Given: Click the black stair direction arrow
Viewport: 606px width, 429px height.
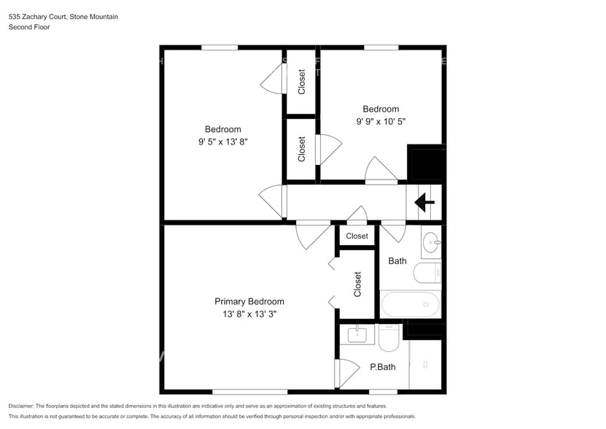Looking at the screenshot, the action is (424, 202).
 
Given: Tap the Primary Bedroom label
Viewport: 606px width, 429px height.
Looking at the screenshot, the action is (249, 301).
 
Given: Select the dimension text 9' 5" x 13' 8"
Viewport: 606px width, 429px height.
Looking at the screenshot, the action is (223, 142).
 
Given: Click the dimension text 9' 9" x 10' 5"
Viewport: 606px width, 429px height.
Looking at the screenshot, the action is (381, 121).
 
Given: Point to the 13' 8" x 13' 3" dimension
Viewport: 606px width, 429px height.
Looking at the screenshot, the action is (249, 314).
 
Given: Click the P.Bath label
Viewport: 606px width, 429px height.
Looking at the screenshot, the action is (383, 367).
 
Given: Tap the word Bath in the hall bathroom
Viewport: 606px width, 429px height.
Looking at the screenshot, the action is (397, 261).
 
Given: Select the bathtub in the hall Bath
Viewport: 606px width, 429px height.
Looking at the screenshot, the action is (411, 304).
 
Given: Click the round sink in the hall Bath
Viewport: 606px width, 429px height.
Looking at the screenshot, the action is (431, 242).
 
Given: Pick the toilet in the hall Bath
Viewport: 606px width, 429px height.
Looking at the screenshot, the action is (427, 273).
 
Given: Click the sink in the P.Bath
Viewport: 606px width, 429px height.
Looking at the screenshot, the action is (357, 335).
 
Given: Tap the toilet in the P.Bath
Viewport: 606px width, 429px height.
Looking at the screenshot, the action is (389, 337).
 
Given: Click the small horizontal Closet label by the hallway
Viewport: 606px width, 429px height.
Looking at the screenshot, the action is (357, 236).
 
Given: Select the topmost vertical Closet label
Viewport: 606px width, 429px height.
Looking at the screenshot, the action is (301, 82).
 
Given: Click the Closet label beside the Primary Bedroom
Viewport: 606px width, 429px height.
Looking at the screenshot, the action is (357, 285).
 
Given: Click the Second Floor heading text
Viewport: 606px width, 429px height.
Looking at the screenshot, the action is (29, 27).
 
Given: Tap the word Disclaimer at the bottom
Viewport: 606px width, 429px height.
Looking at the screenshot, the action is (21, 406).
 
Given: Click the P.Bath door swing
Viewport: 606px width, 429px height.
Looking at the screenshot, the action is (348, 374).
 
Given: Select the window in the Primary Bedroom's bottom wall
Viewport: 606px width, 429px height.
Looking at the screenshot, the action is (250, 392).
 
